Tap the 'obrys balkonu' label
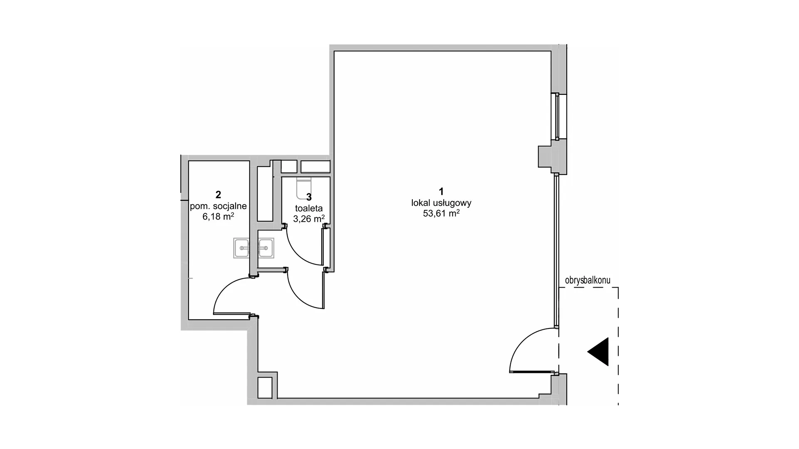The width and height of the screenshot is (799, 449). click(x=588, y=280)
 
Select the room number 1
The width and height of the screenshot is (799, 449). click(x=441, y=192)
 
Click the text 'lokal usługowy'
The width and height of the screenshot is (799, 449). click(x=441, y=203)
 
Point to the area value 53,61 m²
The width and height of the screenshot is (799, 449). click(x=441, y=213)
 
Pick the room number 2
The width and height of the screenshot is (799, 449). click(x=218, y=194)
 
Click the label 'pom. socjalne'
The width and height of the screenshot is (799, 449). click(x=218, y=206)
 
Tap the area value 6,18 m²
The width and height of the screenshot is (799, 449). click(x=218, y=216)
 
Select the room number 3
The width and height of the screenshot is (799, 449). click(x=309, y=197)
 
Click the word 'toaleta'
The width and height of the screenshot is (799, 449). click(x=309, y=208)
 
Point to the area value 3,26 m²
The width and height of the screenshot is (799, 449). click(x=309, y=219)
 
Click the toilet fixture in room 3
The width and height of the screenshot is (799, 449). click(x=304, y=188)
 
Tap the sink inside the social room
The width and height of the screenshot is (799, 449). click(x=241, y=248)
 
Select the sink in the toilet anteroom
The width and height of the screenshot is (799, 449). click(x=266, y=248)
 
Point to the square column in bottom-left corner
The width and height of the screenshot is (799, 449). click(x=265, y=387)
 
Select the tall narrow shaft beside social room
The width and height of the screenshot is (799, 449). click(x=264, y=194)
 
